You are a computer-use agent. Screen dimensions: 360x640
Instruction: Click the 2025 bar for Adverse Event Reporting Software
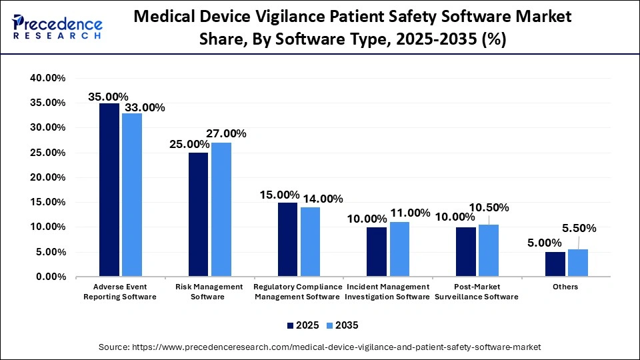tap(109, 190)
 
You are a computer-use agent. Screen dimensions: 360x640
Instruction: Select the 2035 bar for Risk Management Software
tap(221, 209)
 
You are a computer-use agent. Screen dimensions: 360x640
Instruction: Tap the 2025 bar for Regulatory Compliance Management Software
tap(287, 239)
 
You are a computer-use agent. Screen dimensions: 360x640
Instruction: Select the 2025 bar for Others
tap(555, 264)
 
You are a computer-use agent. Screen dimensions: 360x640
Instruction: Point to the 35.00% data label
tap(108, 97)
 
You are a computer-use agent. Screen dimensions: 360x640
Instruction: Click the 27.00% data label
tap(226, 133)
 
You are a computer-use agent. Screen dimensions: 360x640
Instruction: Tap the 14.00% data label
tap(323, 199)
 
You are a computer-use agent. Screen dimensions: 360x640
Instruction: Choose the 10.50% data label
tap(489, 207)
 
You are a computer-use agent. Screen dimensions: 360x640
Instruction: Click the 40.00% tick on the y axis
tap(47, 78)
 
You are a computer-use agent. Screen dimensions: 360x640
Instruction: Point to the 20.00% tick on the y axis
tap(47, 177)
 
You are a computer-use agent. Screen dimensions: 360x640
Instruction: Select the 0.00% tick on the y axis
tap(50, 277)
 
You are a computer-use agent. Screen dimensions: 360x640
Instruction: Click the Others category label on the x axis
tap(565, 287)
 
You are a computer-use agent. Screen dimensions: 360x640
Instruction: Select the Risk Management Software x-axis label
tap(210, 291)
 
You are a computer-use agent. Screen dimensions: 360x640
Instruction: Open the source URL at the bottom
tap(319, 347)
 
